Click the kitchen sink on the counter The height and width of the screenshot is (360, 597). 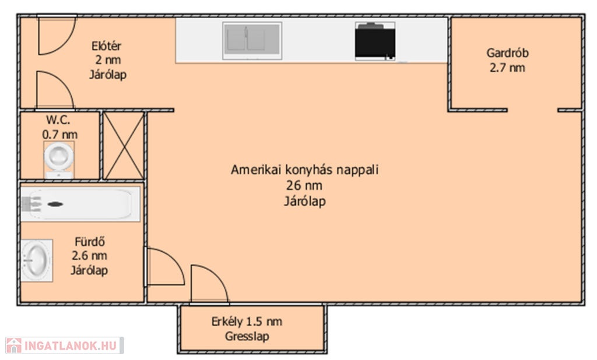[x=252, y=41]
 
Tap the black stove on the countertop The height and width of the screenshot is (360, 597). [x=375, y=41]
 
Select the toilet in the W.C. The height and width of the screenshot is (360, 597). [x=59, y=160]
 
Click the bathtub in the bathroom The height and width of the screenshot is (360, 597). [x=80, y=204]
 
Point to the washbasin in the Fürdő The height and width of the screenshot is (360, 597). [x=37, y=260]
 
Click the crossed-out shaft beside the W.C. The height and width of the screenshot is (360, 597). [x=124, y=146]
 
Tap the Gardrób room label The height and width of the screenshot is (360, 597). [x=508, y=53]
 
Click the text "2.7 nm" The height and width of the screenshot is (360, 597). [x=507, y=68]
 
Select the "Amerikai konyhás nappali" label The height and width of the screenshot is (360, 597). [x=304, y=170]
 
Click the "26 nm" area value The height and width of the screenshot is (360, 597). [x=304, y=186]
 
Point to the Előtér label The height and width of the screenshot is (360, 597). [x=106, y=46]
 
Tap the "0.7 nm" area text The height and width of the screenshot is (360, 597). [x=60, y=135]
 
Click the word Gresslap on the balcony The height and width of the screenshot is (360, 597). [x=247, y=336]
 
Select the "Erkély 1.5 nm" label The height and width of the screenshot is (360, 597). [x=247, y=322]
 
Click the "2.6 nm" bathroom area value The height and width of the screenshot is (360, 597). [x=89, y=256]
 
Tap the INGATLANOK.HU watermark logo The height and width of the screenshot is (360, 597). [x=65, y=345]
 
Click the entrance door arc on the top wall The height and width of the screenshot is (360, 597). [x=65, y=43]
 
